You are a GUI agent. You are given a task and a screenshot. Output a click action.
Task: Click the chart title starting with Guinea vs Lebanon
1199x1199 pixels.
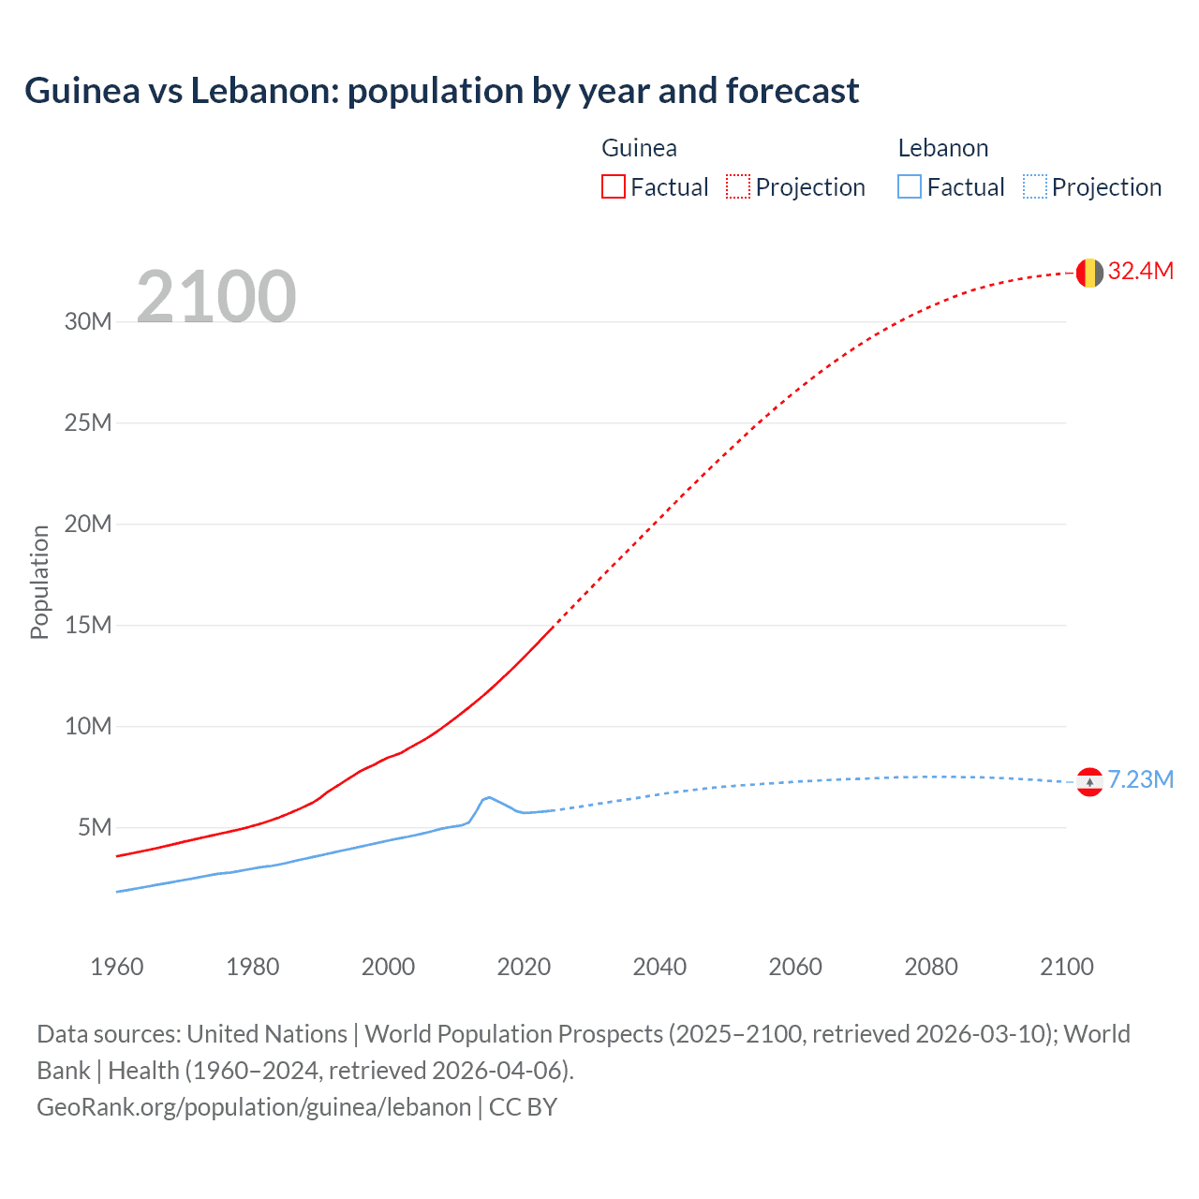441,91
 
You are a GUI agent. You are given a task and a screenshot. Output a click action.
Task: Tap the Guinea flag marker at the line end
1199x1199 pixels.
1088,273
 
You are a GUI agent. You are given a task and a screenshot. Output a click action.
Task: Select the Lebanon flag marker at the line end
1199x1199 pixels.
1088,781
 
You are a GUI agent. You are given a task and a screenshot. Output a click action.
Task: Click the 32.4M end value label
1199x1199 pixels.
1140,272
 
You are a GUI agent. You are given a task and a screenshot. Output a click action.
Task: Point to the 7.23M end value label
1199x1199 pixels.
1140,780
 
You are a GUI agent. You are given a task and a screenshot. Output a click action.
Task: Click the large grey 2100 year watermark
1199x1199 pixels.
216,297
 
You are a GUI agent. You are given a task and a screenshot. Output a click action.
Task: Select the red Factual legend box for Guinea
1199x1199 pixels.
614,187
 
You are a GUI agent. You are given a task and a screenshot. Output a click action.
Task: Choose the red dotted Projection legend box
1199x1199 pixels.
738,187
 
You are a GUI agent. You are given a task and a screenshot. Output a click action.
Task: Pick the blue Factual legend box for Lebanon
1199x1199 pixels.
910,187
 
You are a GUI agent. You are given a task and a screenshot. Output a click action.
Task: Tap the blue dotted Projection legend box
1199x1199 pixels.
1035,187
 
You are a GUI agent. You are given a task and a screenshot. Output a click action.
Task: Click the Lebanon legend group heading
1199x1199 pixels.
942,148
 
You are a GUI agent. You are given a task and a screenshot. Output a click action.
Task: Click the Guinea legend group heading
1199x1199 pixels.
639,148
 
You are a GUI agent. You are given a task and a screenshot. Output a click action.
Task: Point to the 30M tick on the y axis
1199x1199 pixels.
88,322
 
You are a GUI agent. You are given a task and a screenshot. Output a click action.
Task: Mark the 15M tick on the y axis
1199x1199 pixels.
88,626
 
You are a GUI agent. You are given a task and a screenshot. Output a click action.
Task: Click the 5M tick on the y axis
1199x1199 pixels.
95,828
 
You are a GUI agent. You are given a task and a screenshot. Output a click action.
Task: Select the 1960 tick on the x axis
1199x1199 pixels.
117,967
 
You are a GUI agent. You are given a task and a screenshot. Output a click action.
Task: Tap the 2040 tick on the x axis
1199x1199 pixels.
659,967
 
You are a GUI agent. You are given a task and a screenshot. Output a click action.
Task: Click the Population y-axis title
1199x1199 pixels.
39,582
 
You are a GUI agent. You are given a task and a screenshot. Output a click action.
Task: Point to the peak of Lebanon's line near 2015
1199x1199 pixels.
488,797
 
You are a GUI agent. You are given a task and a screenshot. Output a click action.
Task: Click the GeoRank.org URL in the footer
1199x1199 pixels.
254,1107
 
